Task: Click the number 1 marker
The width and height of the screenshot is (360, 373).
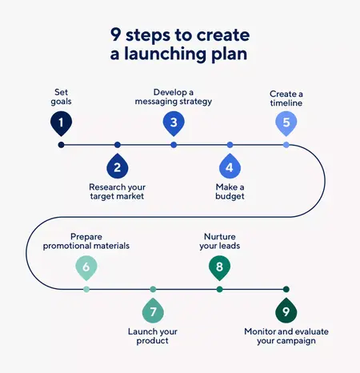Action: click(x=61, y=122)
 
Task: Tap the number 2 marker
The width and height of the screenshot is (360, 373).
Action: click(x=118, y=167)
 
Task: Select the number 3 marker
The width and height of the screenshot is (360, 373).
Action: click(x=174, y=122)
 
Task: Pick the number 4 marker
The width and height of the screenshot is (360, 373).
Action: click(x=230, y=167)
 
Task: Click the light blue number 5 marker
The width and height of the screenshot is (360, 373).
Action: click(x=286, y=122)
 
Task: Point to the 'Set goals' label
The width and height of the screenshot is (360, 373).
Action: click(x=61, y=97)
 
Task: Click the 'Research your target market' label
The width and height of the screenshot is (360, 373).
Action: click(x=118, y=192)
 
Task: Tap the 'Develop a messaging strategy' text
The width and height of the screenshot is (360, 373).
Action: click(x=174, y=97)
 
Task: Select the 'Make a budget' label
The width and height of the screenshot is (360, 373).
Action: click(x=230, y=192)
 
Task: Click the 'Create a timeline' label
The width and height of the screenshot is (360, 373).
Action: click(x=286, y=98)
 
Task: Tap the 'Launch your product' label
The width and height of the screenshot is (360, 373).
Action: click(x=152, y=335)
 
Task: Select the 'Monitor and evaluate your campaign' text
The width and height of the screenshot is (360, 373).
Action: click(x=286, y=335)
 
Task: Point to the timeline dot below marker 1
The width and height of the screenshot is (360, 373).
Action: click(x=61, y=145)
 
